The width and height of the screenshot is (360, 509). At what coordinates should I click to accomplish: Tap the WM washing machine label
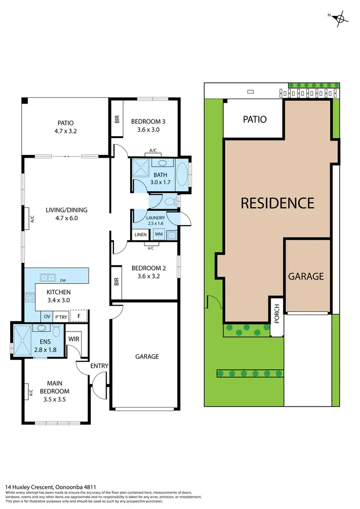[158, 235]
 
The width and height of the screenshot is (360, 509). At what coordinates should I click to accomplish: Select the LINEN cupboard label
[141, 235]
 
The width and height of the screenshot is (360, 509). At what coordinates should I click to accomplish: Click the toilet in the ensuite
[57, 331]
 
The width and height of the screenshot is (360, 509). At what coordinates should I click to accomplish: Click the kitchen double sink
[47, 277]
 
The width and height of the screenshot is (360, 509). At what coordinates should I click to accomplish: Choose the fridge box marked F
[79, 316]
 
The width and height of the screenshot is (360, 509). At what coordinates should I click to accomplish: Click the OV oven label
[47, 317]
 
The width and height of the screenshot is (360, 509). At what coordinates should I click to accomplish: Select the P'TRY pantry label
[61, 317]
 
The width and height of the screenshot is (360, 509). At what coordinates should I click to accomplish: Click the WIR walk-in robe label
[73, 339]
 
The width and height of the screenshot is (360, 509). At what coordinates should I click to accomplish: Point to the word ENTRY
[99, 366]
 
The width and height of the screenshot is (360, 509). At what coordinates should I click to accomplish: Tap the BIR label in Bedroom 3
[117, 119]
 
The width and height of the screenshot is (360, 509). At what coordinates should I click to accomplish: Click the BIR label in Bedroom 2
[117, 282]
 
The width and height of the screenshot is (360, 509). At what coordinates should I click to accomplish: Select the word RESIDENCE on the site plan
[277, 202]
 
